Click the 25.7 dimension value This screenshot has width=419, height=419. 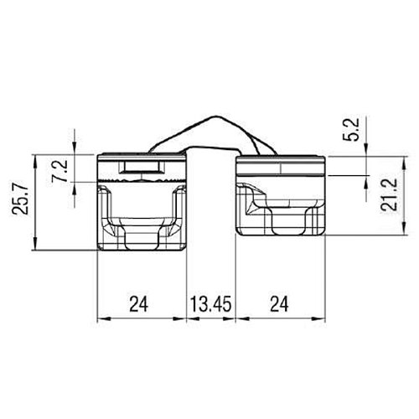click(x=20, y=198)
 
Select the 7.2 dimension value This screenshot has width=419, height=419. click(x=59, y=171)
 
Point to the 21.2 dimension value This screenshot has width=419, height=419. click(x=390, y=194)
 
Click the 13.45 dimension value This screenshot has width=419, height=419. click(x=211, y=304)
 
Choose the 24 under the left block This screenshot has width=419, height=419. click(x=138, y=304)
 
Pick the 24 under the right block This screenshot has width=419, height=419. click(x=279, y=304)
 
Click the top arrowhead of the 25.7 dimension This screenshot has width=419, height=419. click(x=35, y=161)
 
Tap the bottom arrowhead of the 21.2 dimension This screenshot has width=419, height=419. click(x=404, y=229)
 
